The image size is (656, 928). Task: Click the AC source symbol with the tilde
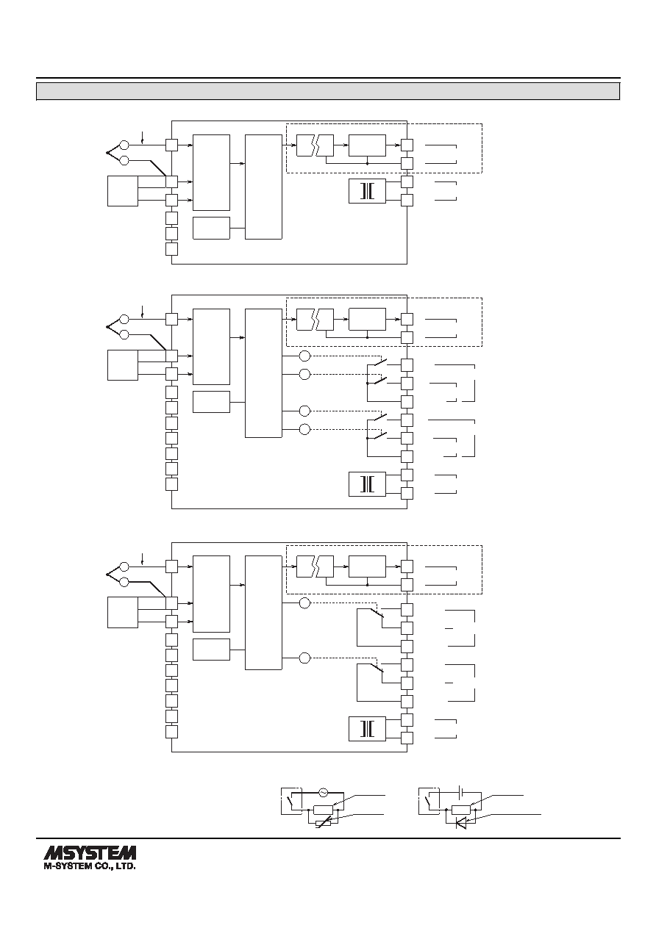coord(323,793)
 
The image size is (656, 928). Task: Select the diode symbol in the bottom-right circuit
coord(460,824)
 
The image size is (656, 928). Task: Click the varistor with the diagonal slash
coord(324,823)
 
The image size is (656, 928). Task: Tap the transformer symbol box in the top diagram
coord(367,191)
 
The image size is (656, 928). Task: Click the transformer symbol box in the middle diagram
coord(367,484)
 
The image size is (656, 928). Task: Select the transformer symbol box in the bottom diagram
coord(367,729)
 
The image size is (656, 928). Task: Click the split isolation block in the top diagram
coord(315,145)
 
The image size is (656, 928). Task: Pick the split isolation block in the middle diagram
coord(315,320)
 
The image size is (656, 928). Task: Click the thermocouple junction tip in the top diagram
coord(107,153)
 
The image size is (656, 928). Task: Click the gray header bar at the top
coord(328,91)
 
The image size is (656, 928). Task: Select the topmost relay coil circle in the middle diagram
coord(304,356)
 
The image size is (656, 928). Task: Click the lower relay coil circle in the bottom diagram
coord(304,658)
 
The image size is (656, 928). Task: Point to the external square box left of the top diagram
coord(123,191)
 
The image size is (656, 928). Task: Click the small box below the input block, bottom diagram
coord(211,650)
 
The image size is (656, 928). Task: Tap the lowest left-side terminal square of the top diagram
coord(171,249)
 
